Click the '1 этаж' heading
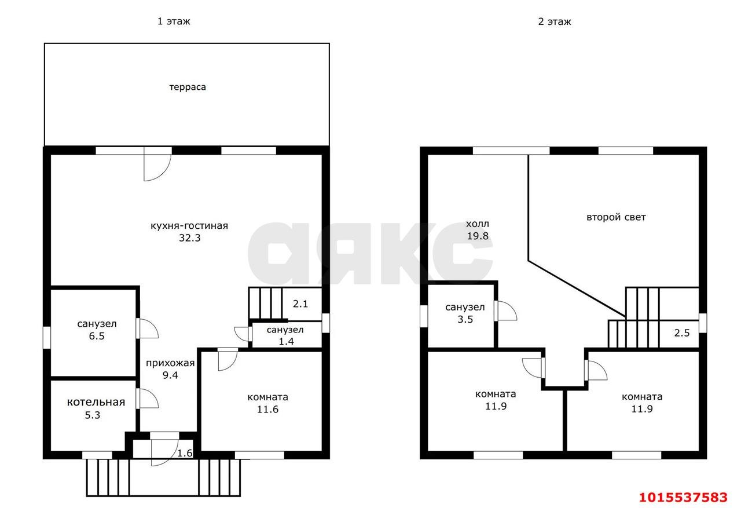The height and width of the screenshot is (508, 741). point(174,21)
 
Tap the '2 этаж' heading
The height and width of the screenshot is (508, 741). point(555,22)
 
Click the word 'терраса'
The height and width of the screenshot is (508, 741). point(188,87)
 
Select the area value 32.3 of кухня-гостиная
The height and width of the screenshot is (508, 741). point(189,238)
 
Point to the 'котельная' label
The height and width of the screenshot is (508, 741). point(96,402)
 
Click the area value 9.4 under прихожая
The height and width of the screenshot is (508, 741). point(170,375)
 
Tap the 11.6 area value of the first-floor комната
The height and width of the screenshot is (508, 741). point(267,410)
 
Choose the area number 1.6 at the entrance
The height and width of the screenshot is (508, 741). point(185,453)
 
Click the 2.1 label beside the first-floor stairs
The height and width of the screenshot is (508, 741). point(300,304)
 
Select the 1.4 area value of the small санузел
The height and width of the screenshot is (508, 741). point(286,341)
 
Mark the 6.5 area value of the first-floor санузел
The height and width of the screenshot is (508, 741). point(97,336)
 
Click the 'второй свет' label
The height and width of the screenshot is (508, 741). point(616,217)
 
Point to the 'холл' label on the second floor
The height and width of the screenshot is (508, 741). point(478,224)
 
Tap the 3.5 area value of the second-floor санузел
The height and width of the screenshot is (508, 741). point(465,319)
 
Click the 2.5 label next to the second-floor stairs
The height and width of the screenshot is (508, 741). point(682,332)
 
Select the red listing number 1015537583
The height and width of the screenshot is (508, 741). point(683,498)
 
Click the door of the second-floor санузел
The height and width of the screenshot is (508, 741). point(505,310)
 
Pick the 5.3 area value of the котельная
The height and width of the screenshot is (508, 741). point(92,415)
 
